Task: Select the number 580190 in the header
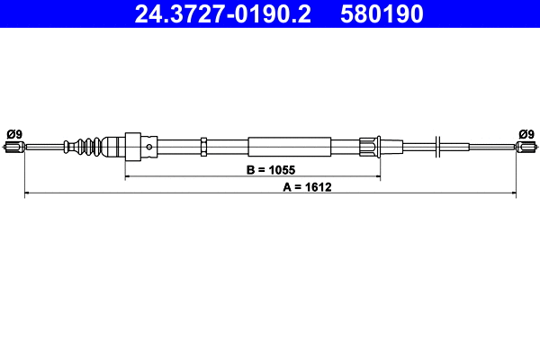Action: [x=382, y=13]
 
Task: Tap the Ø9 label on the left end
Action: [x=13, y=135]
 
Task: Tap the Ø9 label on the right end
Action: [x=526, y=135]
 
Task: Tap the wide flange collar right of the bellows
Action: [x=134, y=147]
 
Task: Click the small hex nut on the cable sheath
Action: [x=205, y=147]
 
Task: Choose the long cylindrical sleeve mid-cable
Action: [x=283, y=147]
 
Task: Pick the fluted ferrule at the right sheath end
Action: [x=370, y=147]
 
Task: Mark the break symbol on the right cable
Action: [x=436, y=147]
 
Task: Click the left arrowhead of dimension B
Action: [x=128, y=176]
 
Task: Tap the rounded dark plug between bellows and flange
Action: [x=112, y=147]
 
